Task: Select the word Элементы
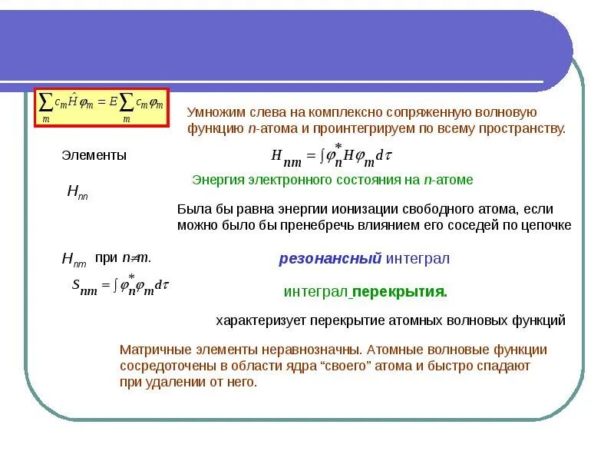pyautogui.click(x=94, y=155)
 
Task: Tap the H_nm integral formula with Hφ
pyautogui.click(x=332, y=156)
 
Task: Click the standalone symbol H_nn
pyautogui.click(x=77, y=193)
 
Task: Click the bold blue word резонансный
pyautogui.click(x=330, y=259)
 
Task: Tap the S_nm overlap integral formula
pyautogui.click(x=120, y=285)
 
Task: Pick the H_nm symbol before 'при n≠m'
pyautogui.click(x=74, y=260)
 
